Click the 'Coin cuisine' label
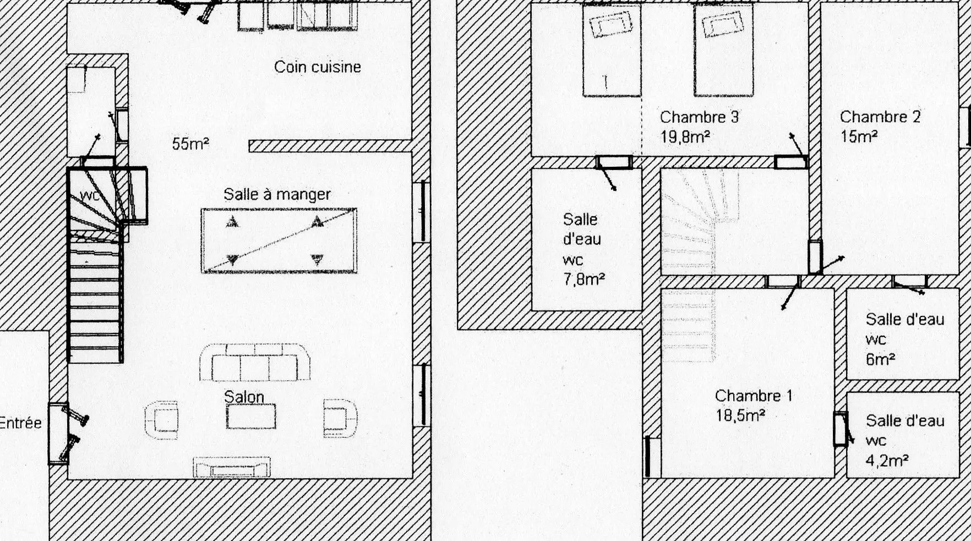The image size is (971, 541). tap(318, 67)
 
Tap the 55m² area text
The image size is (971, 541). tap(190, 144)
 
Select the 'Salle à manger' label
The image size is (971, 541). tap(277, 194)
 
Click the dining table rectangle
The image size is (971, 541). tap(279, 241)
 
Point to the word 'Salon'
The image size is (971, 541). tap(244, 397)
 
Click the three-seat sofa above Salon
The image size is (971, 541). tap(255, 362)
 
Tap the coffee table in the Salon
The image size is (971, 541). tap(251, 416)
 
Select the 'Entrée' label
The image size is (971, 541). tap(20, 423)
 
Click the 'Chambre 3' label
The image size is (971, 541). tap(699, 117)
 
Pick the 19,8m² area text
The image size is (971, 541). tap(685, 137)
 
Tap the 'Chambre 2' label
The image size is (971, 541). tap(880, 117)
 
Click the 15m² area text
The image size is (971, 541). tap(859, 136)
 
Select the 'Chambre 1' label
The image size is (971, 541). tap(754, 396)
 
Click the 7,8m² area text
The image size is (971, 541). tap(584, 280)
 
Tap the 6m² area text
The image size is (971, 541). tap(880, 359)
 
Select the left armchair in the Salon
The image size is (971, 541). tap(161, 420)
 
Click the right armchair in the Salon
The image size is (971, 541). tap(340, 418)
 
